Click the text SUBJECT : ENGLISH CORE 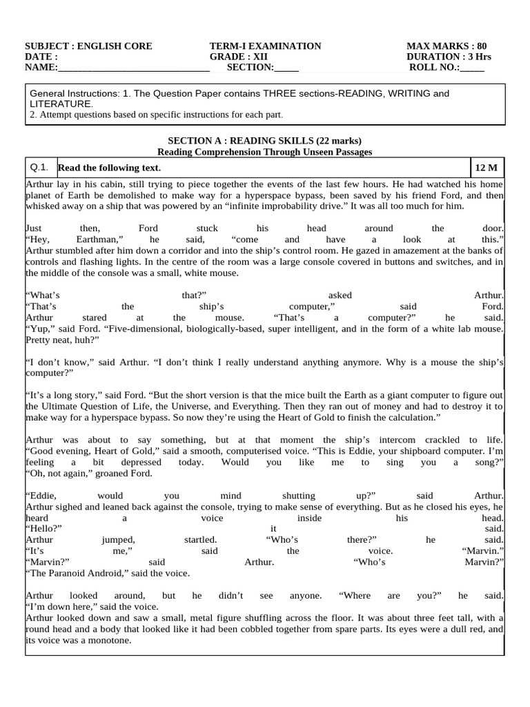(88, 46)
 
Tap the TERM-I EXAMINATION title (265, 46)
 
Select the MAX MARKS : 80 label (446, 46)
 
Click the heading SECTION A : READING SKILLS (265, 141)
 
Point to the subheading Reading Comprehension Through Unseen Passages (265, 151)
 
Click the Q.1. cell (39, 167)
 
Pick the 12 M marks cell (486, 168)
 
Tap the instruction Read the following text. (109, 168)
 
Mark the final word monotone (112, 640)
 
